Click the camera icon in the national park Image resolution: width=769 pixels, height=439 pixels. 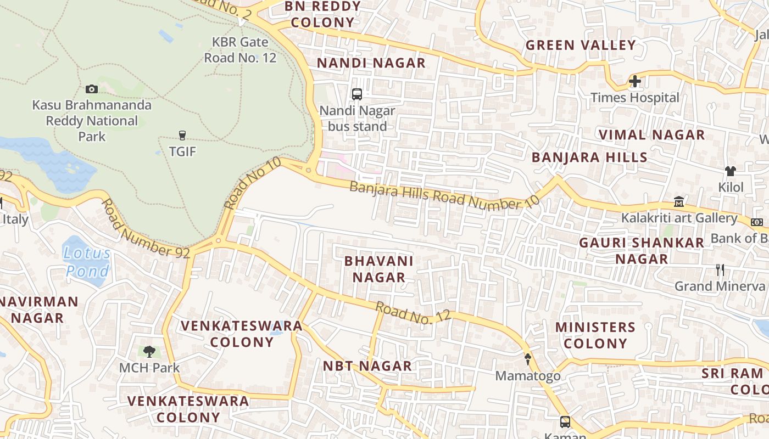(92, 89)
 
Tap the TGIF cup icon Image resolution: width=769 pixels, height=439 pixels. (182, 136)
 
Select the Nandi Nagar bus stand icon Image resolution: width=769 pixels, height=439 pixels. (357, 94)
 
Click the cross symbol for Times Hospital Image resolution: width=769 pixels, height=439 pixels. (635, 82)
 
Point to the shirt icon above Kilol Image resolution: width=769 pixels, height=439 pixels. (730, 171)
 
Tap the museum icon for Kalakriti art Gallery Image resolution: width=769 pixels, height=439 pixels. (679, 201)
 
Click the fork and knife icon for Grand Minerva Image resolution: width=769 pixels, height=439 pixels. (720, 269)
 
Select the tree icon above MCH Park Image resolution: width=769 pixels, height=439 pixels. (149, 351)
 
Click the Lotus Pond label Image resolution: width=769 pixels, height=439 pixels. (87, 262)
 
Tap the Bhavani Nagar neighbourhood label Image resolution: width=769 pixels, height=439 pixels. (378, 269)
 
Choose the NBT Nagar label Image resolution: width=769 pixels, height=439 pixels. (367, 366)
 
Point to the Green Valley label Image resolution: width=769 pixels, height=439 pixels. (581, 45)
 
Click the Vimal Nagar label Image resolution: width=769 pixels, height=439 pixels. (651, 135)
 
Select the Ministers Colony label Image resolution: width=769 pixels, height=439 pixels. (595, 335)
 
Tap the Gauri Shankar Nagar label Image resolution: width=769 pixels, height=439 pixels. (642, 250)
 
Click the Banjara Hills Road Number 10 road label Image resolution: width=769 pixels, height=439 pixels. (444, 195)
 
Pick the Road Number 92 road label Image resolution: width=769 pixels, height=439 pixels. (145, 229)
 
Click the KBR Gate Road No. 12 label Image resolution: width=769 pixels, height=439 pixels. (240, 49)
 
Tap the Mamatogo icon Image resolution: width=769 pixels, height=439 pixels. (528, 359)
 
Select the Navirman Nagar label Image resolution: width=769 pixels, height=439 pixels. (39, 309)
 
